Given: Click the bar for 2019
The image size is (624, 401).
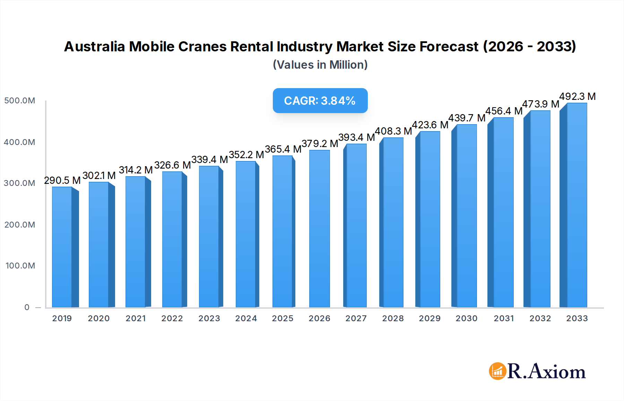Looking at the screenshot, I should [x=62, y=247].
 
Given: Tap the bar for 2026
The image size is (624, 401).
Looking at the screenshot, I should [x=319, y=229].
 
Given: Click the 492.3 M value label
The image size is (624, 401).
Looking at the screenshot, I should [x=577, y=96].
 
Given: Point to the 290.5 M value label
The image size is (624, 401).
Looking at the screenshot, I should [x=62, y=180].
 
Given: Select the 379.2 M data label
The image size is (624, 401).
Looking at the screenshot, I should [x=320, y=144].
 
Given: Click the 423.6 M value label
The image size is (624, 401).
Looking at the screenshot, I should [x=430, y=125].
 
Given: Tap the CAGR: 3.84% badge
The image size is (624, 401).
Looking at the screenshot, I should [x=320, y=101].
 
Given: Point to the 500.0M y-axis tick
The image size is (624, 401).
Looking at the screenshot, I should [x=19, y=101].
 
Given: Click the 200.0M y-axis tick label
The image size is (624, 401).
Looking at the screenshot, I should [x=19, y=225].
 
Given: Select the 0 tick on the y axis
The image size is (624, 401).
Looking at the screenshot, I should [x=27, y=307].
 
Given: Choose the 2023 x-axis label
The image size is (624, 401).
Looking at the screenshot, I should [x=209, y=318].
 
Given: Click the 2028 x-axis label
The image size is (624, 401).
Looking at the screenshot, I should [x=393, y=318].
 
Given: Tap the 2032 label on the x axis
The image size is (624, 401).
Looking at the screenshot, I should [x=540, y=318].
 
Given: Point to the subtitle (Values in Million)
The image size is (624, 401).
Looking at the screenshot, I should [x=320, y=65].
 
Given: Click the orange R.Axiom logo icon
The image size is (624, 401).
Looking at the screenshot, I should [x=497, y=371].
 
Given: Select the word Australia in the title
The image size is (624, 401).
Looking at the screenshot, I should [x=94, y=46].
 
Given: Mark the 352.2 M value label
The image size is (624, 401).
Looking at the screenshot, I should [x=246, y=155].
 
